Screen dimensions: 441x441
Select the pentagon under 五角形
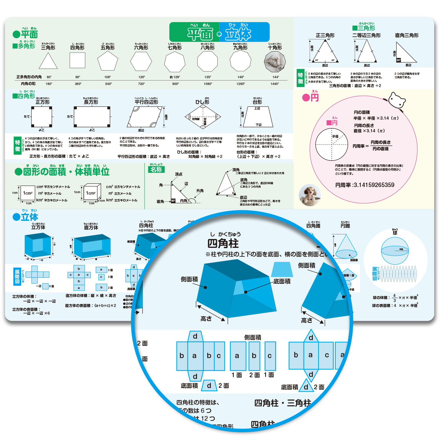pyautogui.click(x=108, y=61)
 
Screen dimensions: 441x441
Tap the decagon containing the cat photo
pyautogui.click(x=275, y=61)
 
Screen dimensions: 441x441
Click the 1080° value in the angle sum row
pyautogui.click(x=208, y=84)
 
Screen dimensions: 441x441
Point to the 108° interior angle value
pyautogui.click(x=108, y=77)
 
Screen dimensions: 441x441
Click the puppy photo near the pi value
pyautogui.click(x=309, y=195)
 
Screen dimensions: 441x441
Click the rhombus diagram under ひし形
pyautogui.click(x=203, y=117)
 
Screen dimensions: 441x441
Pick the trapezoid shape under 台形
pyautogui.click(x=258, y=117)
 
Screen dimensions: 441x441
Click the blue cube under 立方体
pyautogui.click(x=38, y=245)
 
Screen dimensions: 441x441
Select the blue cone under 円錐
pyautogui.click(x=346, y=247)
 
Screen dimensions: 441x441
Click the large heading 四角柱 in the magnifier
pyautogui.click(x=223, y=243)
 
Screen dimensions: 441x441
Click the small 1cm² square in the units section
pyautogui.click(x=28, y=193)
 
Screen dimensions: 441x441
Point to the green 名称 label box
pyautogui.click(x=156, y=170)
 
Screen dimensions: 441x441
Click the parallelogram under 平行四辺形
pyautogui.click(x=144, y=117)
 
